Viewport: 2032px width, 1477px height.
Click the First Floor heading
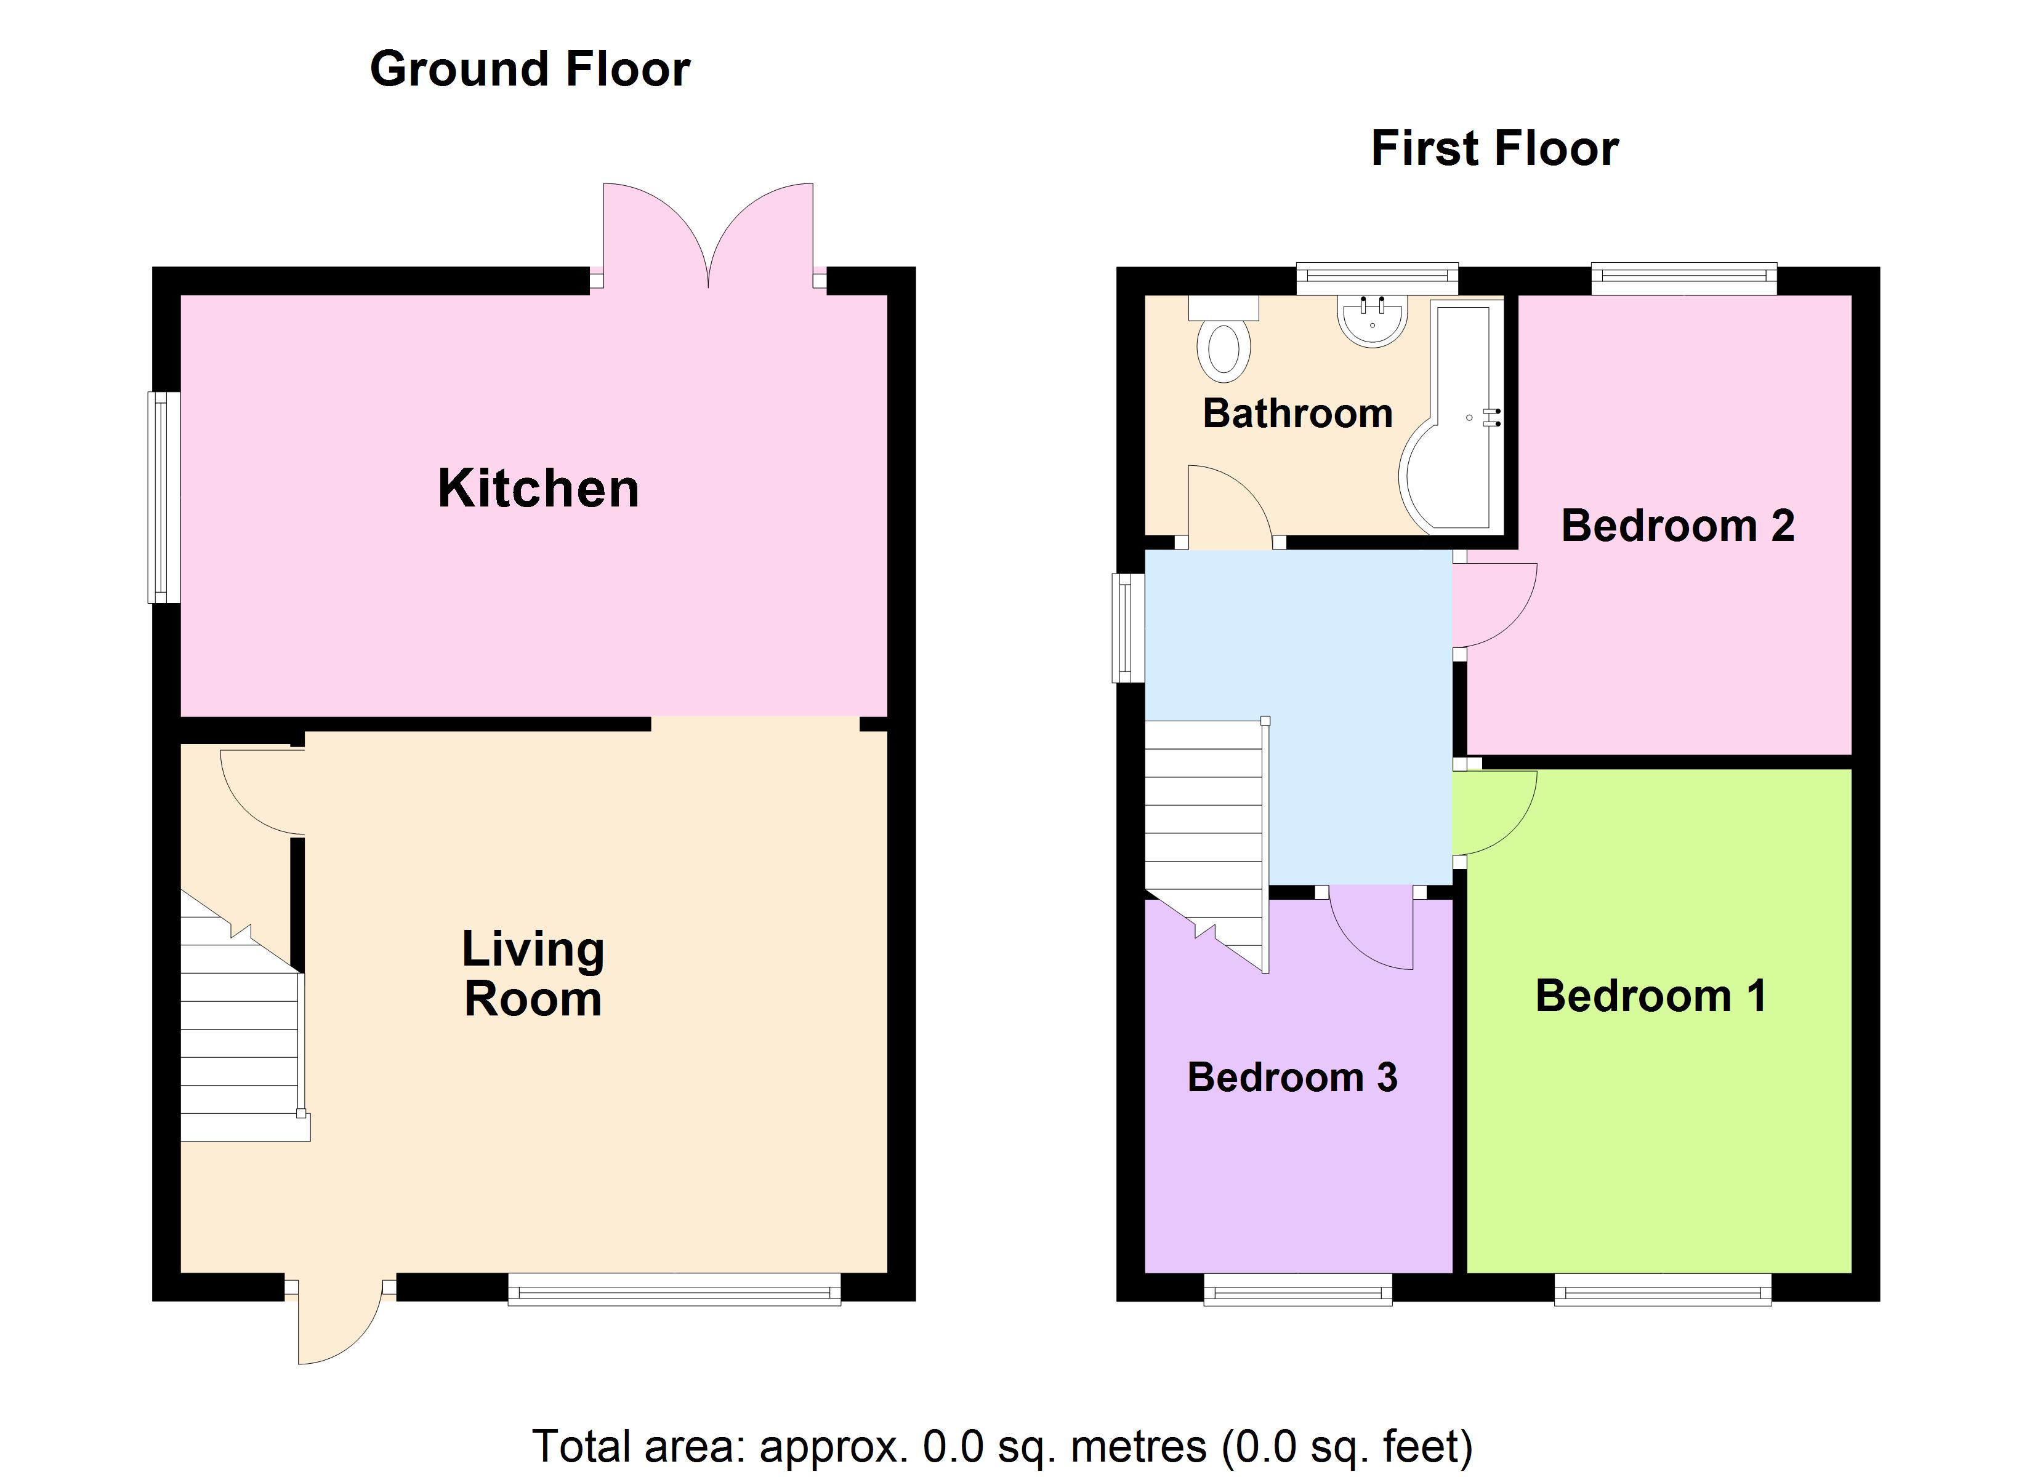(x=1494, y=149)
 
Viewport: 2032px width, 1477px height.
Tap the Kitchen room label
(x=538, y=489)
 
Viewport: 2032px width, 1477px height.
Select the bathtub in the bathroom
(x=1453, y=421)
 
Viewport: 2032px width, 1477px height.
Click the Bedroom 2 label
(x=1677, y=526)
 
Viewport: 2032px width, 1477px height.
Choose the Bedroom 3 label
(x=1291, y=1078)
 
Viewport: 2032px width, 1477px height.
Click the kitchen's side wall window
(x=164, y=497)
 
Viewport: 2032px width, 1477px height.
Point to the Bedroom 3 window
(x=1297, y=1291)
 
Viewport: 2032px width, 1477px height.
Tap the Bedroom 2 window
(x=1683, y=279)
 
